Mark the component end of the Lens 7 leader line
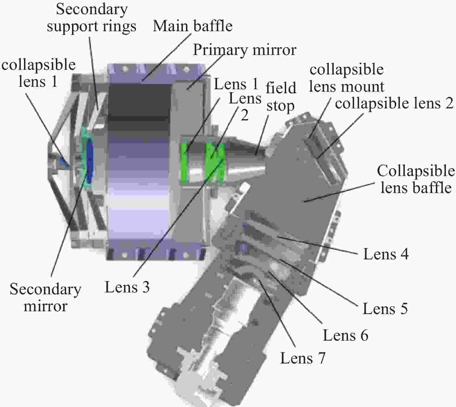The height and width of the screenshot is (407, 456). click(x=259, y=280)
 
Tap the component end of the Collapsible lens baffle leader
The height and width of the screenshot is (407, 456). click(x=304, y=202)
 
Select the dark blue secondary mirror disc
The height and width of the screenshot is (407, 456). click(x=90, y=160)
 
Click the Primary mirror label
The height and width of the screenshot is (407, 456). click(x=244, y=50)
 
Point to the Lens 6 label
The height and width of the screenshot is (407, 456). click(x=346, y=335)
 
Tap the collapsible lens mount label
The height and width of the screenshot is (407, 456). click(x=347, y=78)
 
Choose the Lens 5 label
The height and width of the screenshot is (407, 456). click(x=385, y=308)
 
